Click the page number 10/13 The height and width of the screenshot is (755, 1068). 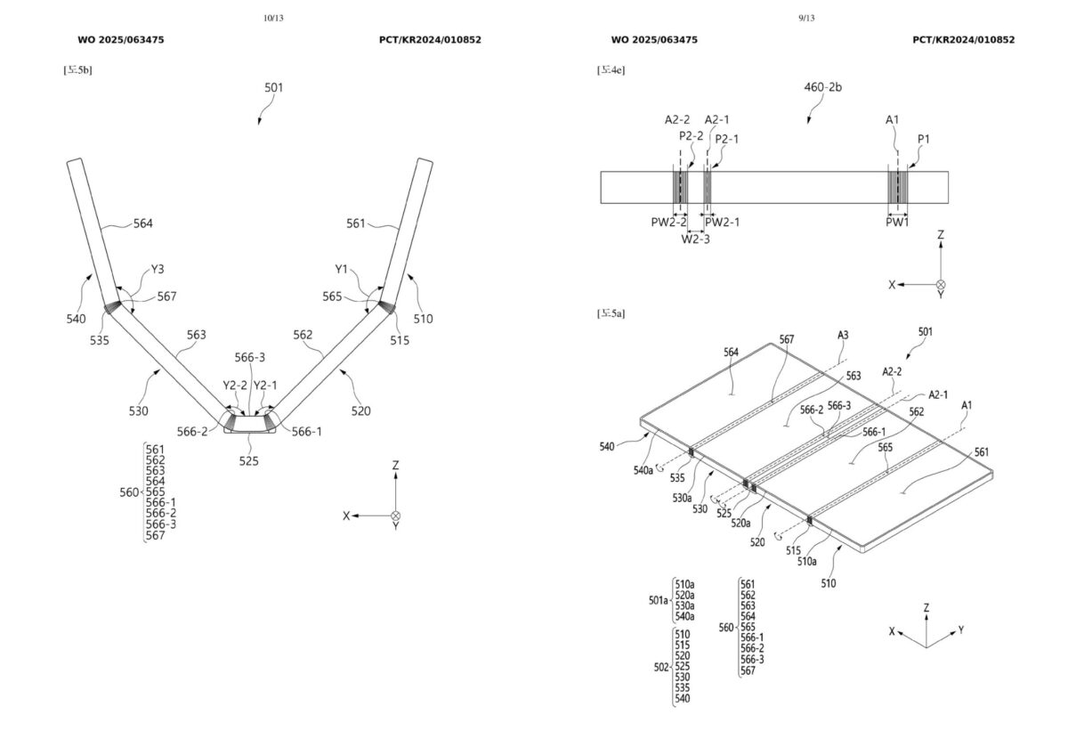coord(274,18)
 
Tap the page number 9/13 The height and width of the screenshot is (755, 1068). coord(807,18)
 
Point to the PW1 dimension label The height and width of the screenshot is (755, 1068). coord(897,222)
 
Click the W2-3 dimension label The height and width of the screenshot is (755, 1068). coord(695,239)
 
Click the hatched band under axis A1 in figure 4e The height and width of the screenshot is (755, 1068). coord(897,188)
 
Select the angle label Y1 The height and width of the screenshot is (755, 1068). coord(342,267)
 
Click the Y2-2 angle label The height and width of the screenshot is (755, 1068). coord(234,386)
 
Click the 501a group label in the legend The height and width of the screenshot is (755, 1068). coord(659,600)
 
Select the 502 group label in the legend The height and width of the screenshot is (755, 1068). coord(660,666)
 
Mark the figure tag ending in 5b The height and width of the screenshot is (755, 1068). coord(77,69)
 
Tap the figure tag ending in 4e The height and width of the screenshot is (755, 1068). coord(611,69)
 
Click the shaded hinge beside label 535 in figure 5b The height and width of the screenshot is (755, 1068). coord(114,307)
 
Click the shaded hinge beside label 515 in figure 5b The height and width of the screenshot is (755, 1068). coord(386,307)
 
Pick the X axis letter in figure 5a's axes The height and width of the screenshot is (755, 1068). coord(892,630)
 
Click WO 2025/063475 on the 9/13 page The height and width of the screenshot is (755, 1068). coord(654,40)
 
